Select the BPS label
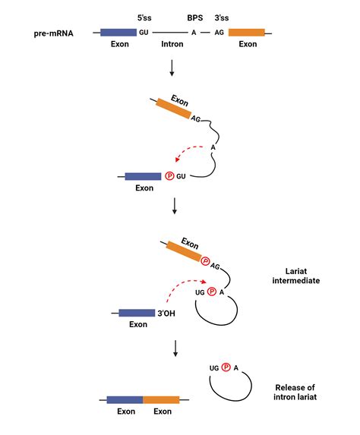(x=194, y=15)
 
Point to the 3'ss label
(x=223, y=15)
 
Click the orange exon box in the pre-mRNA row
(x=247, y=33)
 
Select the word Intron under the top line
(x=172, y=45)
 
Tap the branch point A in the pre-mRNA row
(x=194, y=33)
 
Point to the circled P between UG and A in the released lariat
(x=226, y=368)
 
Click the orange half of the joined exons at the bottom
(x=161, y=399)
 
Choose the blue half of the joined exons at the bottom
(x=125, y=399)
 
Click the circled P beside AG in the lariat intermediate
(x=205, y=260)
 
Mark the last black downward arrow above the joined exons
(x=176, y=348)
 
